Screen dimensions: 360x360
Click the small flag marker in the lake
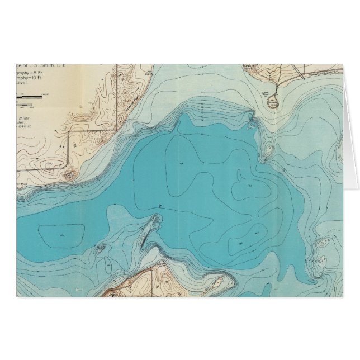coord(160,205)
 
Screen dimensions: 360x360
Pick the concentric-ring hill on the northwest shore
coord(69,175)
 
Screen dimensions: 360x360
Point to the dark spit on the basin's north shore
coord(250,120)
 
